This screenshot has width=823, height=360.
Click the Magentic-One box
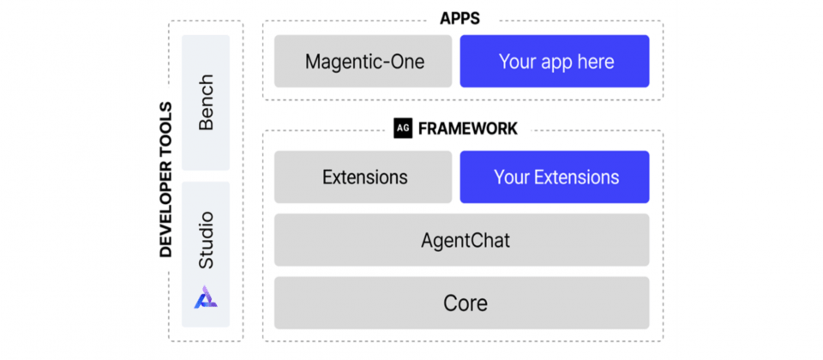click(x=363, y=61)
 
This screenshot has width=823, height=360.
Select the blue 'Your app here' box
click(x=555, y=61)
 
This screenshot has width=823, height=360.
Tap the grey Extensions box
click(x=363, y=177)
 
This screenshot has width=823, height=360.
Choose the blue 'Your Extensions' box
click(x=555, y=177)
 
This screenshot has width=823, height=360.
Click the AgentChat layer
click(x=462, y=240)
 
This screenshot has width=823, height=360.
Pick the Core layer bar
click(x=462, y=303)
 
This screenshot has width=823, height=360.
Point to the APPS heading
click(x=460, y=19)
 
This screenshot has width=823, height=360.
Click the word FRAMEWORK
click(x=468, y=129)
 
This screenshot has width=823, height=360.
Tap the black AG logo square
click(x=403, y=129)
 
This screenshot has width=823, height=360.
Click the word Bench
click(x=206, y=102)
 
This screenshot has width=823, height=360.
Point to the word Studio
click(x=206, y=240)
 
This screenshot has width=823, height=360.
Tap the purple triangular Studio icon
click(x=206, y=297)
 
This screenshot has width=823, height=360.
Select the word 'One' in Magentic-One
click(x=407, y=62)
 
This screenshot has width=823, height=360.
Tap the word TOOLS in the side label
click(x=165, y=127)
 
